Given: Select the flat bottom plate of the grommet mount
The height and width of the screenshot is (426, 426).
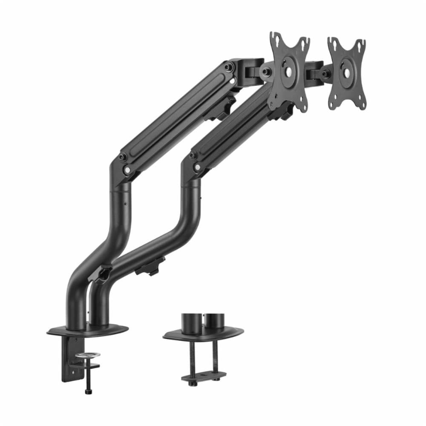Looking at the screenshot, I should click(x=203, y=377).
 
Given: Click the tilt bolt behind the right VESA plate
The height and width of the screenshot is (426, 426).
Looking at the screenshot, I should click(x=325, y=74).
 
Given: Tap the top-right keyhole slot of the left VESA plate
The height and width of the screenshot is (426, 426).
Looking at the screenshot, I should click(x=304, y=43).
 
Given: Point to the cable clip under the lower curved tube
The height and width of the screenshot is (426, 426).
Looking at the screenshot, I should click(x=150, y=266).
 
